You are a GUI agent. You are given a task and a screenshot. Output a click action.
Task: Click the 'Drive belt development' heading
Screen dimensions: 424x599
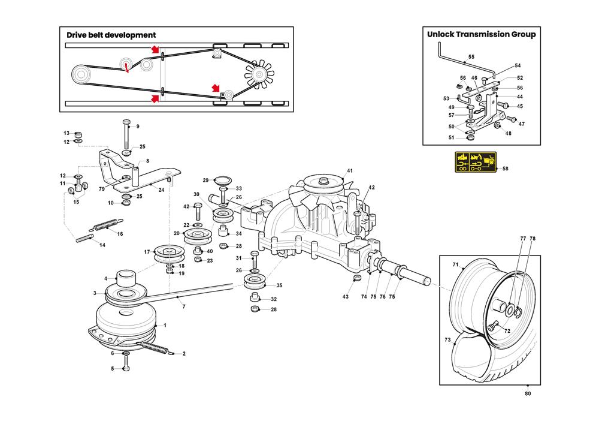tap(111, 35)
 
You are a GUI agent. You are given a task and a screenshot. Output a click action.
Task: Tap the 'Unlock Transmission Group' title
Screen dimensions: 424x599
tap(481, 34)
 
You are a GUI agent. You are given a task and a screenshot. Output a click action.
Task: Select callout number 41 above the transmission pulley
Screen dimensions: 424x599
tap(350, 172)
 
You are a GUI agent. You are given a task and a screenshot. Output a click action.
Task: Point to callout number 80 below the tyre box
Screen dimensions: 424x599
tap(528, 393)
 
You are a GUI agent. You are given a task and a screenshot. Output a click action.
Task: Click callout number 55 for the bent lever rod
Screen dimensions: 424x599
tap(471, 56)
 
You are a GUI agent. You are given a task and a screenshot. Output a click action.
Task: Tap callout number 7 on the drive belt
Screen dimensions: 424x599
tap(184, 306)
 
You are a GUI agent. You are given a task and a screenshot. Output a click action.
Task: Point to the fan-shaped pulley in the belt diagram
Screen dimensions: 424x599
tap(259, 74)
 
